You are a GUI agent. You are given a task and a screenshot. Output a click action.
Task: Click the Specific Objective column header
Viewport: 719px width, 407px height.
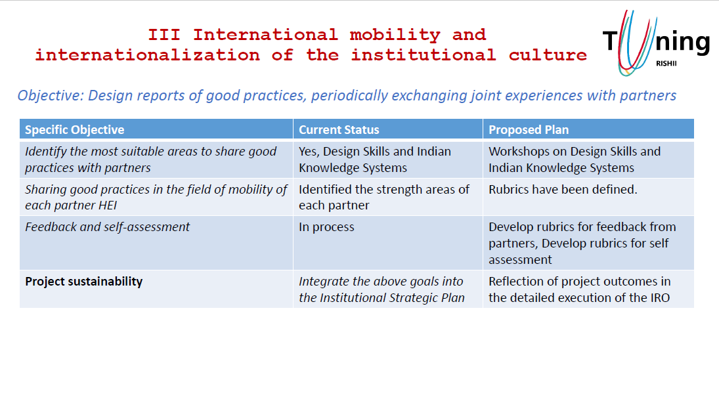click(x=74, y=130)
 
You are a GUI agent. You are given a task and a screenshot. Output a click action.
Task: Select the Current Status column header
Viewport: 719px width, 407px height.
click(x=339, y=130)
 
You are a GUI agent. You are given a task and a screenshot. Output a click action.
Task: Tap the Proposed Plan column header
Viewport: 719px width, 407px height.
click(x=528, y=130)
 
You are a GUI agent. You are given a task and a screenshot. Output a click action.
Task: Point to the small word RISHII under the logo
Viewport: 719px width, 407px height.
click(x=666, y=64)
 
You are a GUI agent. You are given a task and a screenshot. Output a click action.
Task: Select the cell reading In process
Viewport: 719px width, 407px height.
click(x=326, y=227)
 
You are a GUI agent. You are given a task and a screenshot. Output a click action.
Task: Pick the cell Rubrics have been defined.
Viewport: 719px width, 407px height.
click(x=563, y=189)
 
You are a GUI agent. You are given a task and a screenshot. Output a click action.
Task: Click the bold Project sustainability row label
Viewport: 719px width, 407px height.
click(x=84, y=281)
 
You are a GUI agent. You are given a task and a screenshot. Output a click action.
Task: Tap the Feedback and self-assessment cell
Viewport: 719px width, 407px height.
click(x=107, y=227)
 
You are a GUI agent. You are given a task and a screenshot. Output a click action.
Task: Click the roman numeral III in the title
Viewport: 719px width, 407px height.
click(x=163, y=35)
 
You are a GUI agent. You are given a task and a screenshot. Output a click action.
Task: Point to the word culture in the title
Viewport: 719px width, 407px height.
click(x=548, y=55)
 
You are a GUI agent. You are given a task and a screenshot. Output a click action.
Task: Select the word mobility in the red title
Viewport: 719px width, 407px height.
click(x=395, y=35)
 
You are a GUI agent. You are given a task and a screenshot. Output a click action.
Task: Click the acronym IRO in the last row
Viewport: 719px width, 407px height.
click(x=660, y=297)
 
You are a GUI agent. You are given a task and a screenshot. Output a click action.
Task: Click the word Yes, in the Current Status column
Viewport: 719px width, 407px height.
click(x=309, y=152)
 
